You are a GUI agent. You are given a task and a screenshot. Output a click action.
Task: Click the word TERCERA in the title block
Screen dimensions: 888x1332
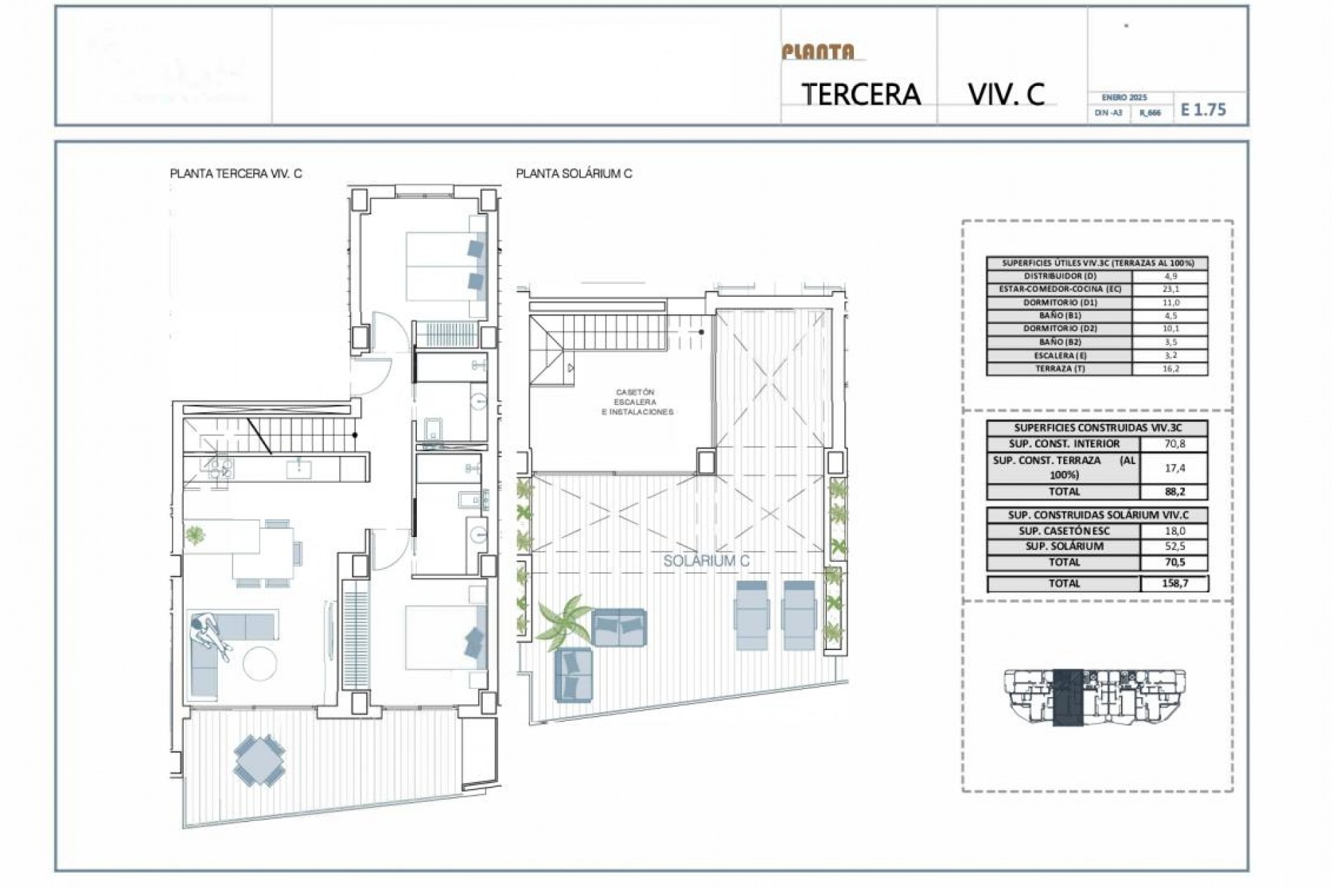click(x=861, y=94)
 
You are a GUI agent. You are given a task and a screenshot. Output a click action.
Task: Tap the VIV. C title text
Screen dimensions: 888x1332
click(x=1006, y=94)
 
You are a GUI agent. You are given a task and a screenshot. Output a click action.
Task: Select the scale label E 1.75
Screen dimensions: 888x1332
click(x=1204, y=110)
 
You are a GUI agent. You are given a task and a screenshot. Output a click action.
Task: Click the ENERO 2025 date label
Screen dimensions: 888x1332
click(x=1124, y=98)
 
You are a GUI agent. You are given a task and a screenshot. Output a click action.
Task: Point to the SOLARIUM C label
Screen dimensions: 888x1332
click(x=706, y=561)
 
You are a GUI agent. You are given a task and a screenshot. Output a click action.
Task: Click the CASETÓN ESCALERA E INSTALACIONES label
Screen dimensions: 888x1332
click(x=636, y=402)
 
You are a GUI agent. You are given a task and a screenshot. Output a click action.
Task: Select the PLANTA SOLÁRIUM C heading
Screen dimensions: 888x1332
click(x=574, y=174)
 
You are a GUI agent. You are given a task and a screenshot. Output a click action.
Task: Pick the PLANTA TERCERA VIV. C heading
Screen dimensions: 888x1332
click(x=236, y=174)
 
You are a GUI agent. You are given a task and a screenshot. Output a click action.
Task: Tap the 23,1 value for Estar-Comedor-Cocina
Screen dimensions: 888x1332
click(x=1170, y=289)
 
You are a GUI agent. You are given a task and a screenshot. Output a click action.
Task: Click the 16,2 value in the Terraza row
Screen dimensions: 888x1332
click(x=1170, y=369)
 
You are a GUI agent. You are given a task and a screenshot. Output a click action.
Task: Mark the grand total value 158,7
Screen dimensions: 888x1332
click(x=1174, y=583)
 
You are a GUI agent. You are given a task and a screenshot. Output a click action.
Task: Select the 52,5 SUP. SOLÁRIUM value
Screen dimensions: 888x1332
click(x=1174, y=546)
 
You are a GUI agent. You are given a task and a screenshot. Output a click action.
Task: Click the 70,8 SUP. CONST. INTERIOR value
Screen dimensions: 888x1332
click(x=1174, y=444)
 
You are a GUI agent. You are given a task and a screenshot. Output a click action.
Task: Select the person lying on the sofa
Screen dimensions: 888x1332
click(x=210, y=634)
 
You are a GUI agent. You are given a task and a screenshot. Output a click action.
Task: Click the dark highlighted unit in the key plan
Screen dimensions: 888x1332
click(x=1068, y=697)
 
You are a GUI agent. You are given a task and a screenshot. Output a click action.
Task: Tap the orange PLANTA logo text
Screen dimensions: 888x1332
click(x=818, y=52)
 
